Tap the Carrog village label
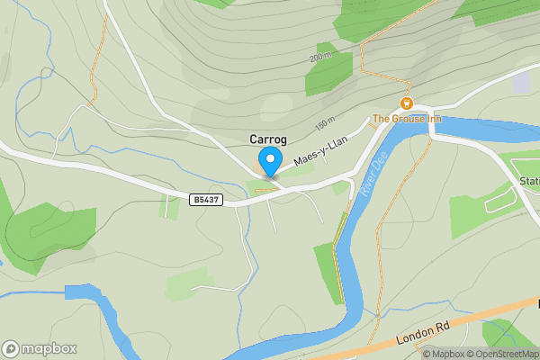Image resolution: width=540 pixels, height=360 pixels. point(268,139)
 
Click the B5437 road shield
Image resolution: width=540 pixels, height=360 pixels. point(206,199)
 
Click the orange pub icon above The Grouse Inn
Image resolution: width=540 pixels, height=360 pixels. point(407,103)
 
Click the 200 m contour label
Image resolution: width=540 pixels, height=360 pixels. point(321,58)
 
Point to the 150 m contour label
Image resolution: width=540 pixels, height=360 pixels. point(325,121)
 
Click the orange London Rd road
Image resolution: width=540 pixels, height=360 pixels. point(468,321)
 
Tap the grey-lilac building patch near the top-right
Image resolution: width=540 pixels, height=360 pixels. point(521,82)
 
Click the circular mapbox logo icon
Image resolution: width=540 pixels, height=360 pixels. point(12,349)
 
